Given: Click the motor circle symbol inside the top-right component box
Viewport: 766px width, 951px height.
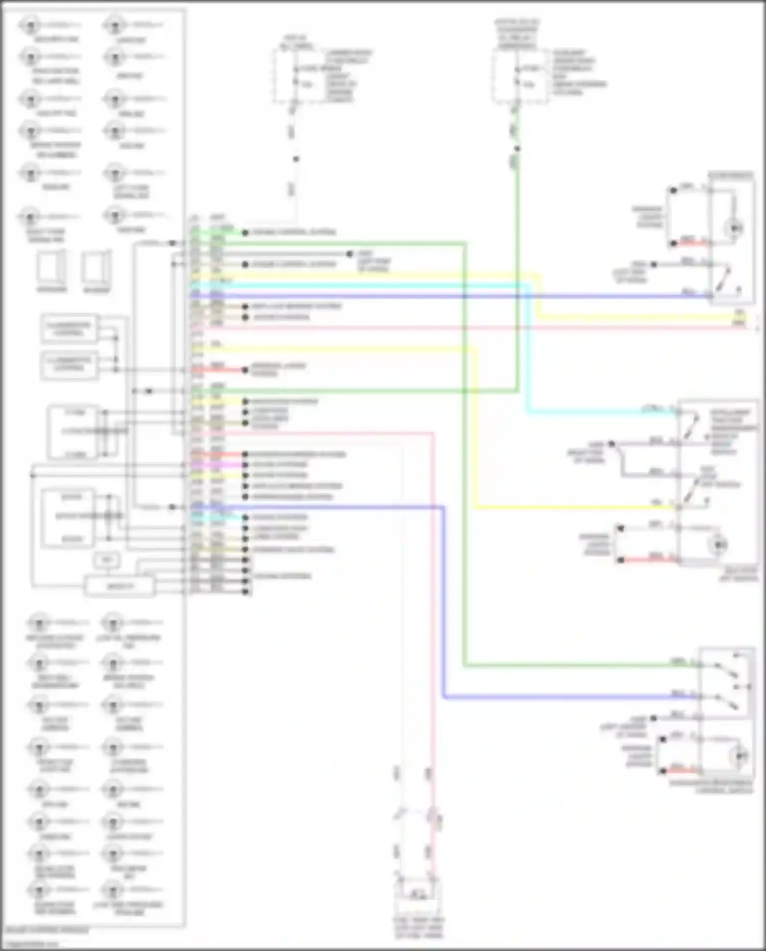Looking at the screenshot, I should click(x=736, y=227).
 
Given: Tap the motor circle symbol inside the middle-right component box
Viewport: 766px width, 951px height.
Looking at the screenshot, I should click(x=720, y=545).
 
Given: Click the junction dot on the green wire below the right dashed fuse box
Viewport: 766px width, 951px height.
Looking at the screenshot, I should click(x=517, y=149).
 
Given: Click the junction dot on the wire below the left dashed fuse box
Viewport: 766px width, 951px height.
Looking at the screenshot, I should click(x=296, y=159).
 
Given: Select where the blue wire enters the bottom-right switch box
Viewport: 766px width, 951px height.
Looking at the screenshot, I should click(x=700, y=697).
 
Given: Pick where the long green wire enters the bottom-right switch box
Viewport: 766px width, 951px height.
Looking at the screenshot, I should click(x=700, y=665).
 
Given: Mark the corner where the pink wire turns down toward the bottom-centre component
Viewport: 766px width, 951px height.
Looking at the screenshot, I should click(x=433, y=434).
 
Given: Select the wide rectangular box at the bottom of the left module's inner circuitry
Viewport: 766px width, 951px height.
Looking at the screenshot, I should click(x=119, y=586).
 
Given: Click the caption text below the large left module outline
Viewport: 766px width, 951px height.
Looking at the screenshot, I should click(x=47, y=931).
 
